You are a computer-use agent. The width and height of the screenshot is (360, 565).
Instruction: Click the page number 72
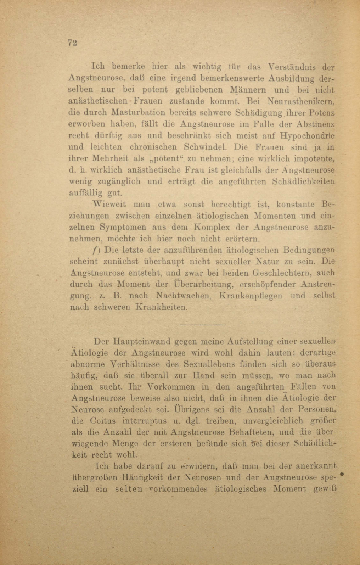click(72, 43)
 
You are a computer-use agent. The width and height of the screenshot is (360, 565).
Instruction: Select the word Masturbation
click(138, 113)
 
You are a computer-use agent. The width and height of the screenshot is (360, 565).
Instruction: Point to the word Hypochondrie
click(307, 135)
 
